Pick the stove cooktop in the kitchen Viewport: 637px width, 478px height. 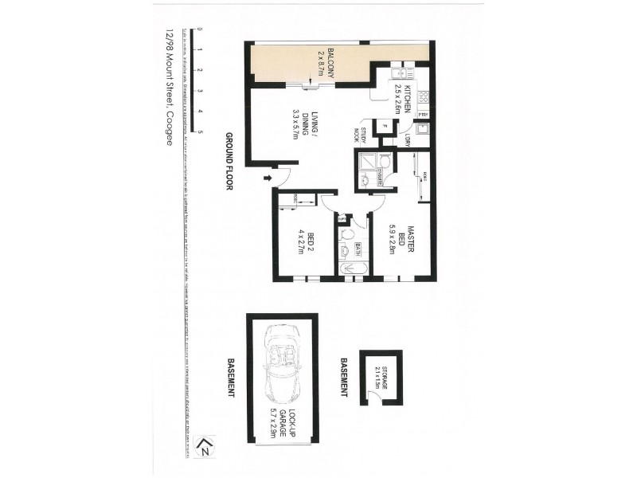coord(424,99)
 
